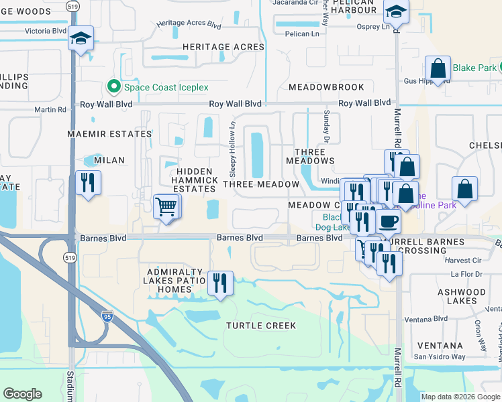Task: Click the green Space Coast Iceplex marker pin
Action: click(113, 87)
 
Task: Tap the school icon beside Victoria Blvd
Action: click(81, 40)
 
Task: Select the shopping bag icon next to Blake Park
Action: click(438, 68)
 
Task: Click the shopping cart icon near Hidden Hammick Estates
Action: click(166, 206)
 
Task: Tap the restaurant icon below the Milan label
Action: click(88, 183)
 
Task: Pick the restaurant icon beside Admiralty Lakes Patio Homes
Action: click(220, 283)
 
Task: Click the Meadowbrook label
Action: click(326, 87)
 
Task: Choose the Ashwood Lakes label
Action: click(461, 296)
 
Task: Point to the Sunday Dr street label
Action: click(327, 127)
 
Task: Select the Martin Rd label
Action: click(51, 110)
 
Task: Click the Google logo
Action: click(22, 394)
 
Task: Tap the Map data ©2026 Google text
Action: click(460, 397)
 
